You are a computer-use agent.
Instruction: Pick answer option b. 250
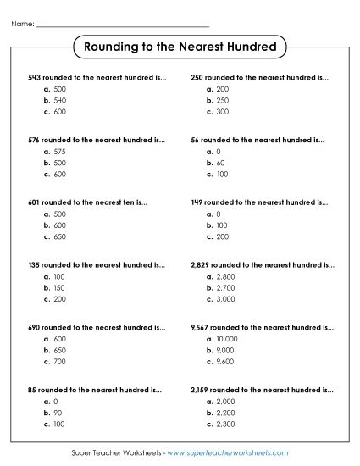[x=223, y=100]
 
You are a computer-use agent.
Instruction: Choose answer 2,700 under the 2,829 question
[x=226, y=287]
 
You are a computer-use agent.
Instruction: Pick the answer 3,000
[x=226, y=299]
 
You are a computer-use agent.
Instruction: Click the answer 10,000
[x=228, y=338]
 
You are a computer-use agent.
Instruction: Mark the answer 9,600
[x=226, y=362]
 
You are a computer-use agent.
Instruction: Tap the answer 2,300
[x=226, y=424]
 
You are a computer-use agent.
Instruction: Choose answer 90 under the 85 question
[x=57, y=412]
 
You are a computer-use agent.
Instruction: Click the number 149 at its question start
[x=199, y=202]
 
